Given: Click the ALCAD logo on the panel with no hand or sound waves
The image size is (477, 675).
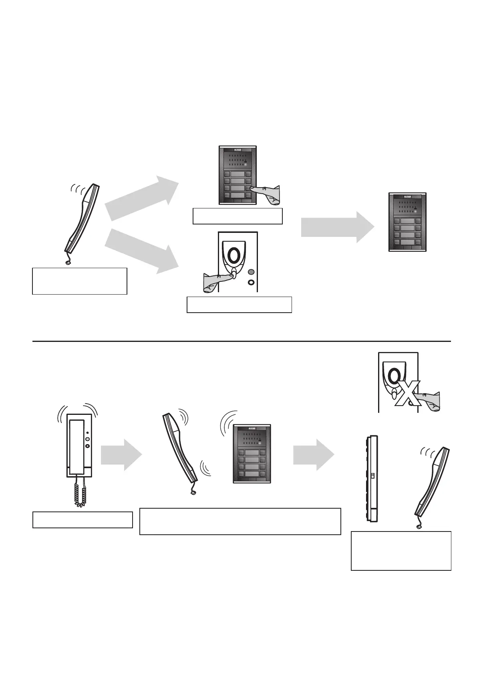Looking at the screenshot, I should (407, 197).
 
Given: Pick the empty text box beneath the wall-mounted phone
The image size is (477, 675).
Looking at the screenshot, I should (82, 519).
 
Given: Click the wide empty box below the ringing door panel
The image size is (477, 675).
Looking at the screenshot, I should (240, 521).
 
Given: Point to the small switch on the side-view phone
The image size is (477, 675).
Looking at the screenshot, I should (372, 476).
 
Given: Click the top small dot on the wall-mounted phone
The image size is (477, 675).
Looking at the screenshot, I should (87, 433).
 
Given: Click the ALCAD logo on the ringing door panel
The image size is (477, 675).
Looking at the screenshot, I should (252, 428).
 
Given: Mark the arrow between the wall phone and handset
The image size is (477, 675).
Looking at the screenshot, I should (121, 455).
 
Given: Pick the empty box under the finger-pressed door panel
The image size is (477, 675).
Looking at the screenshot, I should (237, 216).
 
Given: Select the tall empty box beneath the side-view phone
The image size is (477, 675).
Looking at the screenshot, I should (401, 550).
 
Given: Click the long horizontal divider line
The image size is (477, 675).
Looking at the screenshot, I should (241, 342).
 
